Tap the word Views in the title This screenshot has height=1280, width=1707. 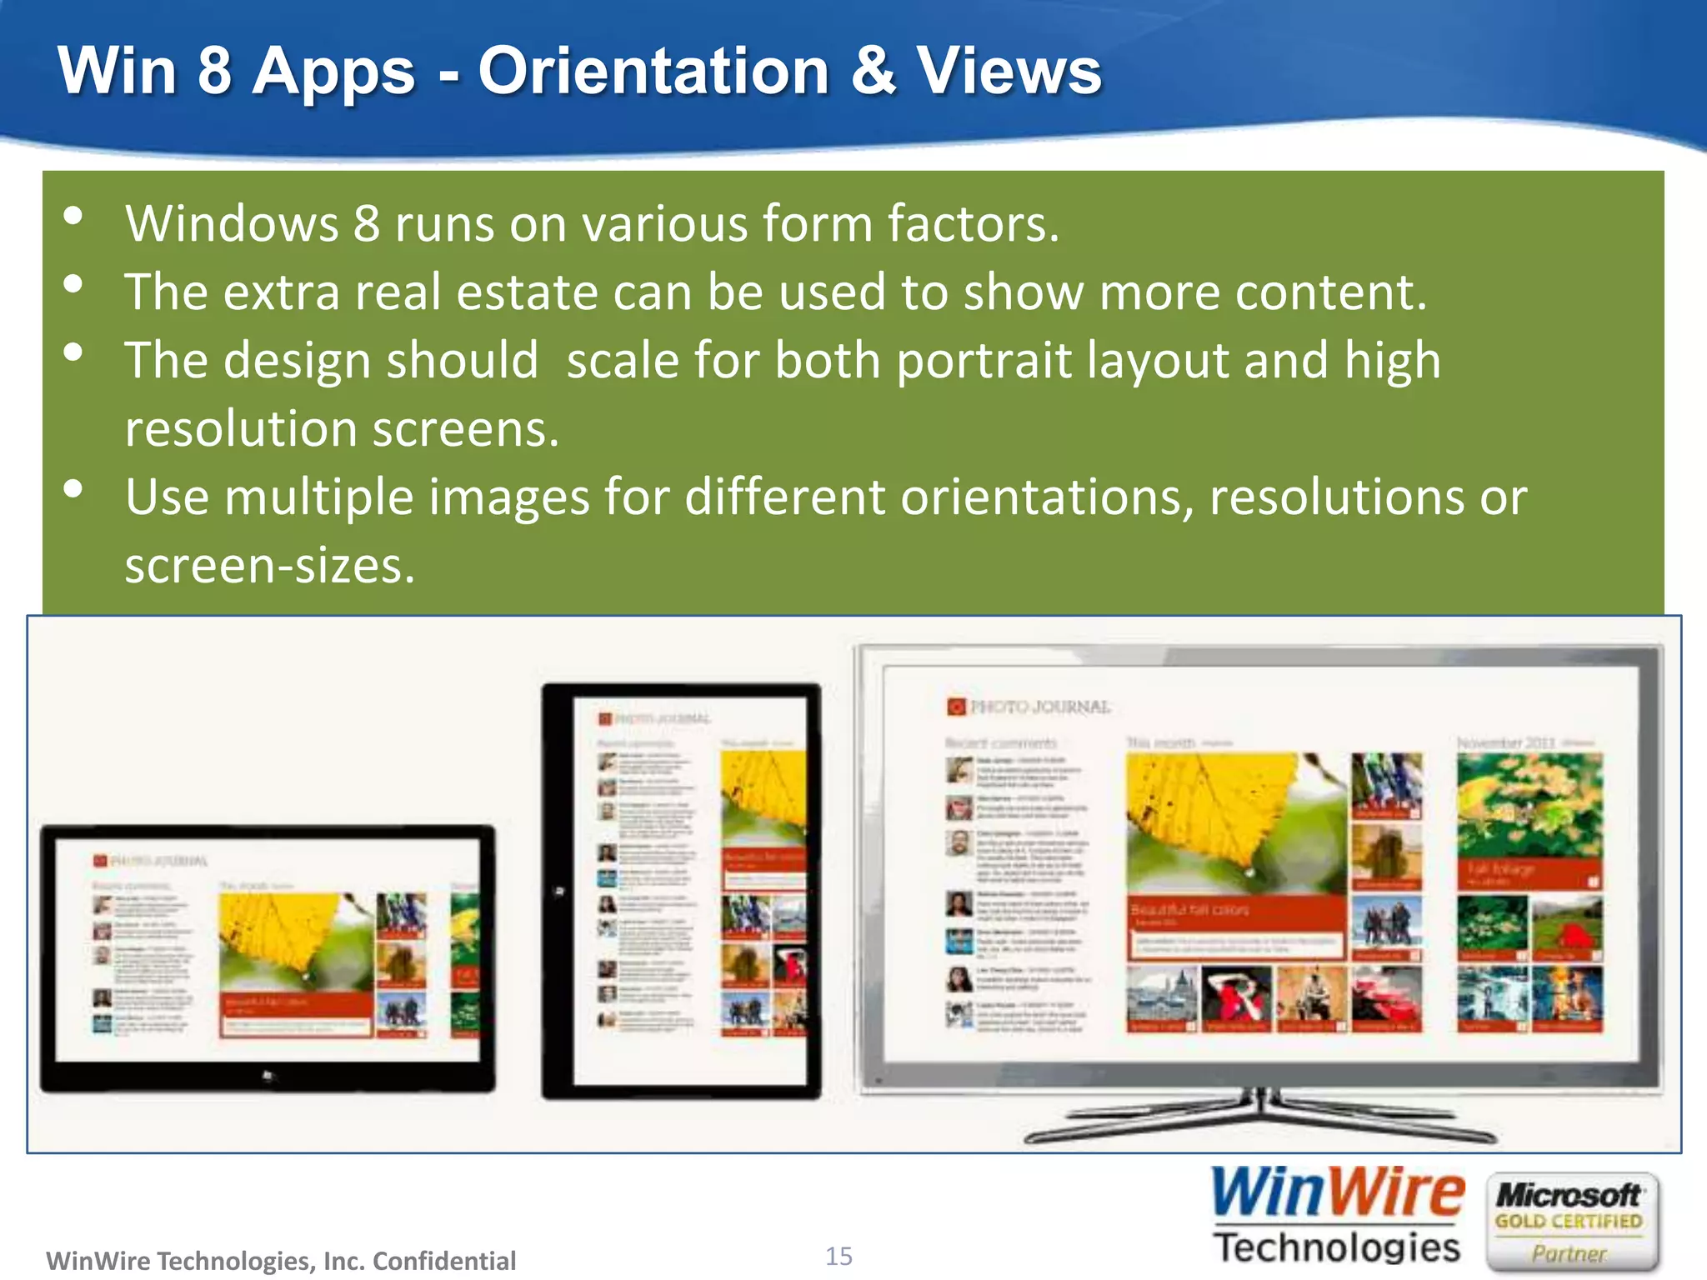point(1009,71)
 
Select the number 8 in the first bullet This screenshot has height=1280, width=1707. point(367,224)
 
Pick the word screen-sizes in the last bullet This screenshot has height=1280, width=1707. point(269,566)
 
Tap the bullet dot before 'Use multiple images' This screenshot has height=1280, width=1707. point(73,489)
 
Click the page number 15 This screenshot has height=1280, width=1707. point(838,1256)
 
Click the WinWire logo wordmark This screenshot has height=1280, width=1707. point(1337,1193)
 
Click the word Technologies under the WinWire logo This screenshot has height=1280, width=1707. point(1337,1247)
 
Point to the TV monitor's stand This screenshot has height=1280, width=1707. point(1260,1117)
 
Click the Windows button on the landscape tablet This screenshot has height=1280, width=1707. point(268,1076)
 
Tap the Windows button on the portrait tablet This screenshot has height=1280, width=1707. point(559,892)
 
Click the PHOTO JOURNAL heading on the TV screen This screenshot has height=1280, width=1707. point(1029,707)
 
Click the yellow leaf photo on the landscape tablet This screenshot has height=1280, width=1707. point(295,942)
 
